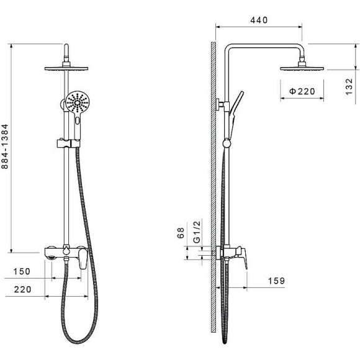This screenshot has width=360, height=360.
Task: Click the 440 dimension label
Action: click(259, 20)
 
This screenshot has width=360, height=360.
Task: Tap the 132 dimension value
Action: click(349, 86)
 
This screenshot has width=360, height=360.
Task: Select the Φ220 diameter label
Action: click(302, 91)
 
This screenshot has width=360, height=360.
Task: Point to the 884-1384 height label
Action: click(4, 146)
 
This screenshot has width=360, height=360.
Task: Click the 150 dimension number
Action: click(22, 271)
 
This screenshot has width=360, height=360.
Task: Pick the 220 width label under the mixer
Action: click(22, 289)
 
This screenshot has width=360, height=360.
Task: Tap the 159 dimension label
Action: click(276, 281)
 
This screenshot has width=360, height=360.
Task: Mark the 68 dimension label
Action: click(181, 233)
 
